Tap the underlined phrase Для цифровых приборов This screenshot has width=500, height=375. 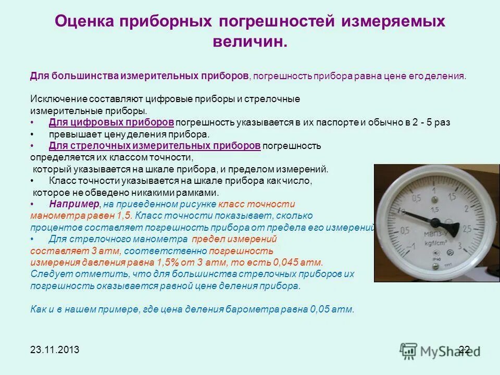click(111, 122)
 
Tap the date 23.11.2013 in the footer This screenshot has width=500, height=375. click(55, 350)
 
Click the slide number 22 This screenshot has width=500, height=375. click(465, 349)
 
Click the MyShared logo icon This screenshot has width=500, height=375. click(409, 350)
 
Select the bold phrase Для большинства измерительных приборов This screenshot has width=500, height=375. click(139, 76)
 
